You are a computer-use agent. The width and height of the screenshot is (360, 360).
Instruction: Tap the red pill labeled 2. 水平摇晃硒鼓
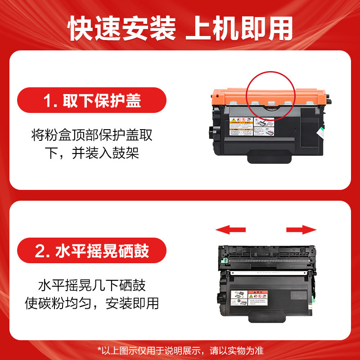[92, 251]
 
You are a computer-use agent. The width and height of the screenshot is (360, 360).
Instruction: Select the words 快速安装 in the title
[122, 29]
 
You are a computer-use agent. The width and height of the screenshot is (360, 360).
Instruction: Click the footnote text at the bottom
[180, 350]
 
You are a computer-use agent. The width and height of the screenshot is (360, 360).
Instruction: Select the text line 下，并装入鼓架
[92, 153]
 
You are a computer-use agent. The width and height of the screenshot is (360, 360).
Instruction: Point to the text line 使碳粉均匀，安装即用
[92, 303]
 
